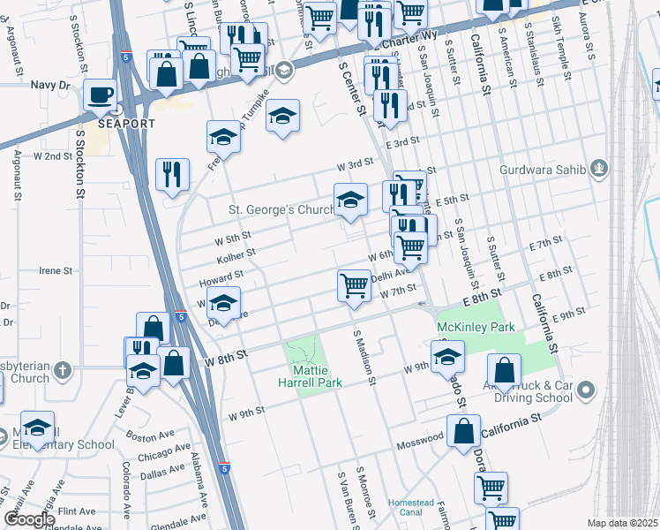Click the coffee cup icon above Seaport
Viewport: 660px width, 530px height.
click(100, 94)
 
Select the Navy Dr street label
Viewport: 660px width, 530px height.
click(49, 85)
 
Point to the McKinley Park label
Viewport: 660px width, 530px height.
click(476, 327)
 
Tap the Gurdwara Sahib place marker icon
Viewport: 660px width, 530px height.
click(599, 167)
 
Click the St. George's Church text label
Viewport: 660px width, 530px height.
click(281, 210)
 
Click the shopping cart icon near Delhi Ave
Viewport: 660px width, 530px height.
click(354, 285)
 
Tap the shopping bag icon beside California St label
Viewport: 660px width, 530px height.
click(463, 431)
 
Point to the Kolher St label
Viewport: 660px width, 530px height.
click(236, 254)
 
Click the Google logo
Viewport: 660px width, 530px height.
click(28, 519)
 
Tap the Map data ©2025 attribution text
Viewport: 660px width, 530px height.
click(622, 523)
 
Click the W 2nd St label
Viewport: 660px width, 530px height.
click(52, 155)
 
